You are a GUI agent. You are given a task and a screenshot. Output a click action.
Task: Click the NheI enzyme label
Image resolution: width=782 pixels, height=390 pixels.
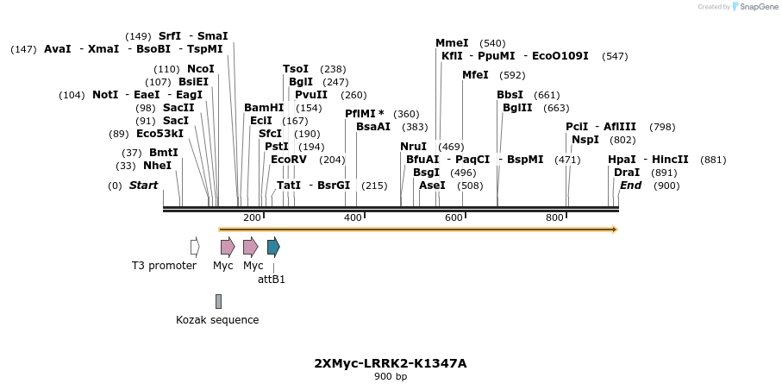tap(157, 166)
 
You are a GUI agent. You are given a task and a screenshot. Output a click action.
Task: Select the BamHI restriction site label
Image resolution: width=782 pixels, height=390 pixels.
tap(264, 108)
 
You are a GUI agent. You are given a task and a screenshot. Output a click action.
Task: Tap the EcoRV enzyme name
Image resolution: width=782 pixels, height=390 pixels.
tap(288, 160)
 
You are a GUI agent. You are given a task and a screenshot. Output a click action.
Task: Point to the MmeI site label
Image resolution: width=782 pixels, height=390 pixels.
tap(452, 43)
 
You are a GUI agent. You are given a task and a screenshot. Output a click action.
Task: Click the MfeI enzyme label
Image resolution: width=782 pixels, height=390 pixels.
tap(475, 75)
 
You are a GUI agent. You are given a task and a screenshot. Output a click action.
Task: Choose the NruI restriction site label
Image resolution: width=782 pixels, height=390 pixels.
tap(413, 147)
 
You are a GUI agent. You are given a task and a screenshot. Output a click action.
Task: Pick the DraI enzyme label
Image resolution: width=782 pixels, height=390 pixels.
tap(627, 173)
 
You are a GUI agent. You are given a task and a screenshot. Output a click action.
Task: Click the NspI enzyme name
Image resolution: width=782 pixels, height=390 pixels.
tap(585, 140)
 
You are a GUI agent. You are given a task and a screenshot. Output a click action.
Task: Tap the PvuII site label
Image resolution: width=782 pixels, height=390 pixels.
tap(311, 95)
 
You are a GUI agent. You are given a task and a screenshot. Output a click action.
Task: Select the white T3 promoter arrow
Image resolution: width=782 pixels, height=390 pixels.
tap(195, 248)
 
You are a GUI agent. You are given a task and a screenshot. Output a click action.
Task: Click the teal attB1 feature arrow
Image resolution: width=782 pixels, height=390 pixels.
tap(273, 248)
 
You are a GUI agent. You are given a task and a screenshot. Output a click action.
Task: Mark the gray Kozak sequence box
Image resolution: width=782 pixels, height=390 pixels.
tap(218, 301)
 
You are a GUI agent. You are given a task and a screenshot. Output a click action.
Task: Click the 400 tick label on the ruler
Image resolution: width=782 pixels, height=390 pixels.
tap(353, 217)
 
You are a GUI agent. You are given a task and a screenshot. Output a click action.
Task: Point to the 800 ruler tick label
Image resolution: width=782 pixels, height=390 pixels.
tap(554, 217)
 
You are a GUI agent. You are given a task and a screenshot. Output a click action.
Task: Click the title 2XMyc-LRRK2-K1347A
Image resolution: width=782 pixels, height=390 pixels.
tap(391, 363)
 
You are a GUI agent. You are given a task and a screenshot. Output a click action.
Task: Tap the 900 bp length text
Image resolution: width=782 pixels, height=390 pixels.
tap(391, 377)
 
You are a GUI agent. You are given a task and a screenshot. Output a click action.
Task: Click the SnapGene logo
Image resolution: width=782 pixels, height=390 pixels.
tap(747, 7)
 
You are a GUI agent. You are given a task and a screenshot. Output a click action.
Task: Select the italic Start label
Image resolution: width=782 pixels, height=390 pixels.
tap(144, 186)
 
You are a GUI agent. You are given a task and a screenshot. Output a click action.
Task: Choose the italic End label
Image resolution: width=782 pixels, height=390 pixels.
tap(630, 186)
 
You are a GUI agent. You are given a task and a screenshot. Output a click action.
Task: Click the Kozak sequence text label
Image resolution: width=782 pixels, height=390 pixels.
tap(217, 320)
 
